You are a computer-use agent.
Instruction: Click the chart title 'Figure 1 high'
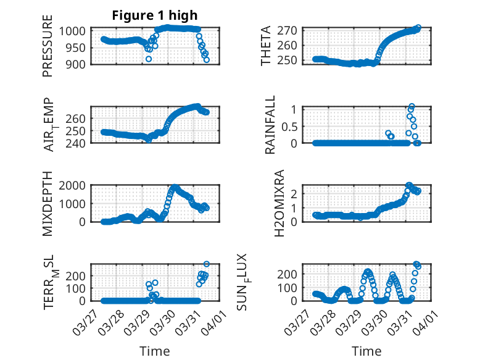click(x=155, y=15)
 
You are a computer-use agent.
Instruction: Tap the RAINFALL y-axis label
click(x=270, y=125)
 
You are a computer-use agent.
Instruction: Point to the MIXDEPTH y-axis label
click(x=48, y=204)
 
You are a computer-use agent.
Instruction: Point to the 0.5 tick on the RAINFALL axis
click(x=290, y=126)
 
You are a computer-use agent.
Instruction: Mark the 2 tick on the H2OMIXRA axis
click(x=295, y=193)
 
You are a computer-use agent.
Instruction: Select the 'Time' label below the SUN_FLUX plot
click(x=366, y=351)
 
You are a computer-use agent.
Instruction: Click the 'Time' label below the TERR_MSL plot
click(x=155, y=351)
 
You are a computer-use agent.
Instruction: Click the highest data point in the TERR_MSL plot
click(x=206, y=264)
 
